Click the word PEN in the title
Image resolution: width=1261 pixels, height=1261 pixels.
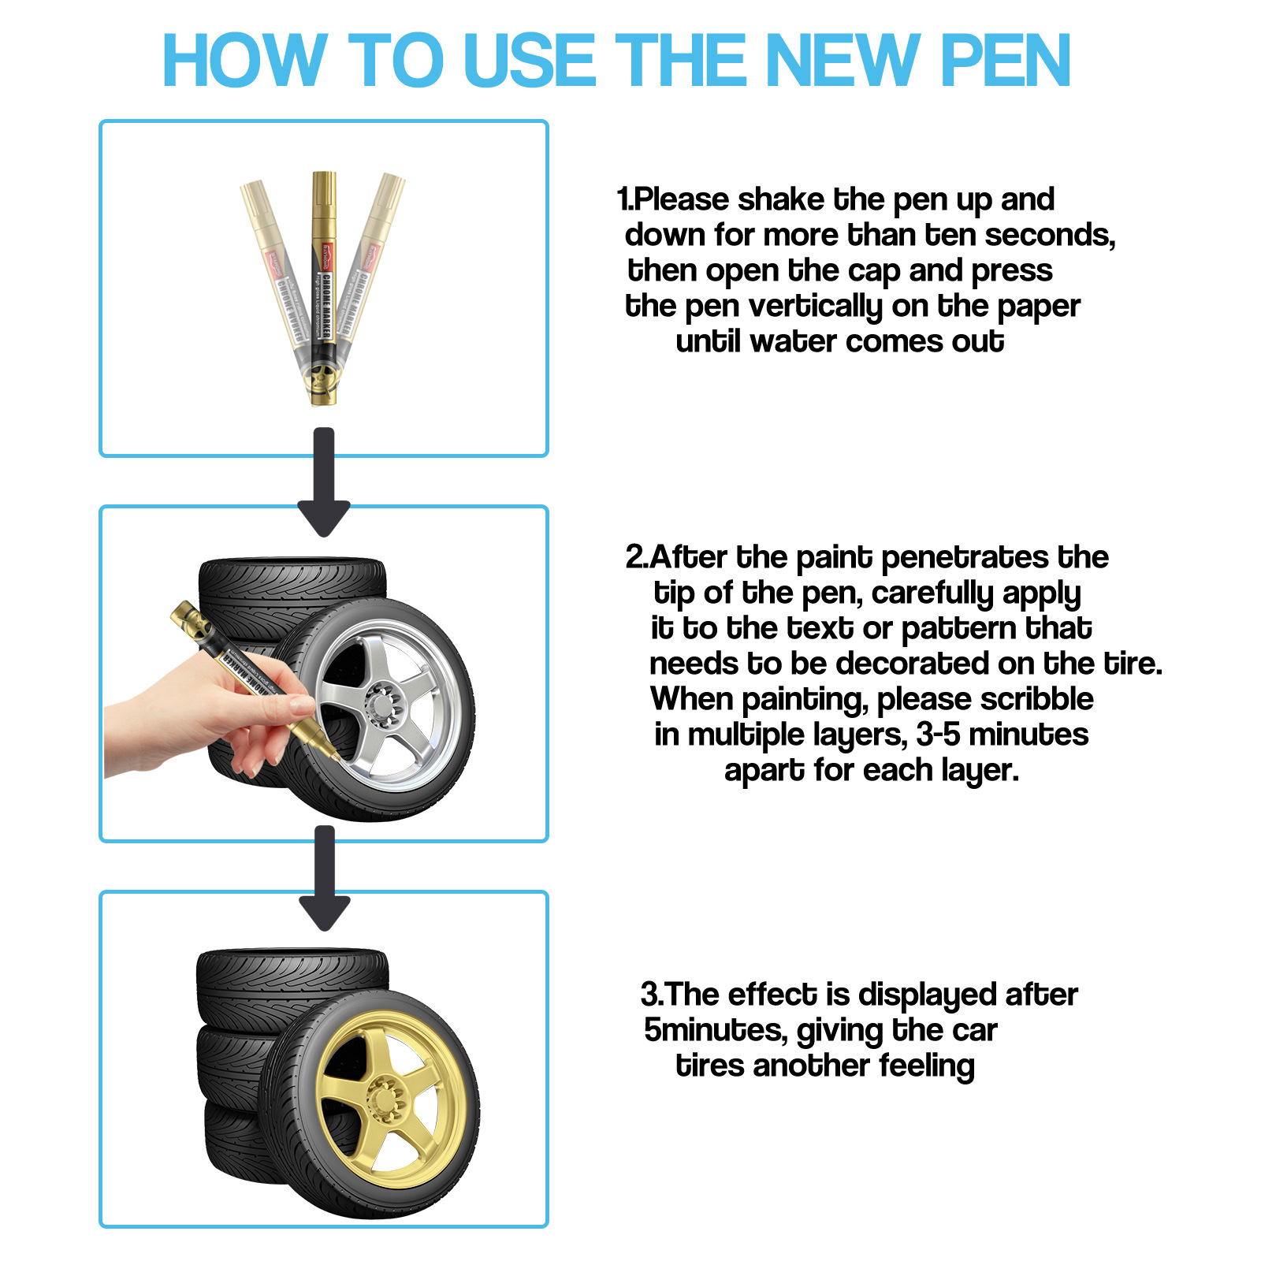click(x=1005, y=61)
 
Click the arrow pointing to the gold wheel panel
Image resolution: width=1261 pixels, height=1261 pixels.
click(x=325, y=877)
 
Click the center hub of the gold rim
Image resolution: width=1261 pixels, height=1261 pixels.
click(x=387, y=1098)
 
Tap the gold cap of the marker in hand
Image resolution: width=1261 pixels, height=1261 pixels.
click(x=192, y=623)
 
